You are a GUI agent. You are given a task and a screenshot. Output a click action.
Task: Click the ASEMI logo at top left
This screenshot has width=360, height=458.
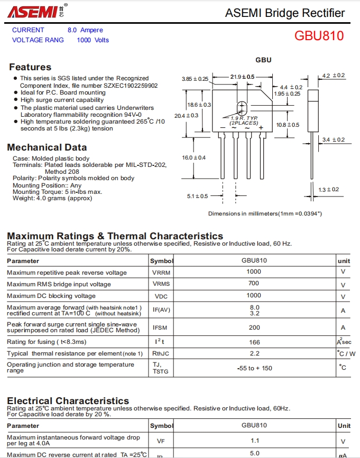[32, 12]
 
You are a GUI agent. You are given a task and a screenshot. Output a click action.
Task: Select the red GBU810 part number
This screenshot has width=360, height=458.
[319, 36]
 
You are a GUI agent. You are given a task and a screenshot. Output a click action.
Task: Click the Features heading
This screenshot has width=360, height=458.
[30, 67]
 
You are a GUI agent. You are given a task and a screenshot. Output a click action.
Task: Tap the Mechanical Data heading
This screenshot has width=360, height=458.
[47, 147]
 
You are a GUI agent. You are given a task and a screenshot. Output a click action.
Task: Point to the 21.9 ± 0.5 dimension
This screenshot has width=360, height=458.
[242, 77]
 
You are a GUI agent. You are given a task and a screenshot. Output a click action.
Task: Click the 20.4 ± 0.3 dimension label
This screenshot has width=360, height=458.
[186, 115]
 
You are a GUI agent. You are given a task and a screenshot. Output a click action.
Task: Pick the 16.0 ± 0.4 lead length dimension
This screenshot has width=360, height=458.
[193, 157]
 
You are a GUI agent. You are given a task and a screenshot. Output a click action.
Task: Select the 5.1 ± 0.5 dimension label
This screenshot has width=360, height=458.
[197, 196]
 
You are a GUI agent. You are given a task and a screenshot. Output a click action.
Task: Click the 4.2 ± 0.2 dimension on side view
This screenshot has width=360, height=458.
[334, 76]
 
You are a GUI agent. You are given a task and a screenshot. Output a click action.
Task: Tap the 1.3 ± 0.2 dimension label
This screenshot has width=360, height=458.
[329, 189]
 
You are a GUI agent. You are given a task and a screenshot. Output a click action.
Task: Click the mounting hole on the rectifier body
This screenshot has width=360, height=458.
[242, 106]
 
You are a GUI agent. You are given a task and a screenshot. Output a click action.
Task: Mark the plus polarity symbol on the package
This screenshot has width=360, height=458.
[261, 128]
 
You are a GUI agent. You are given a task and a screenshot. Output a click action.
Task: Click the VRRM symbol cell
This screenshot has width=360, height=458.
[161, 273]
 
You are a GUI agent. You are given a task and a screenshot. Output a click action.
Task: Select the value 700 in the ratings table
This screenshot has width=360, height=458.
[254, 284]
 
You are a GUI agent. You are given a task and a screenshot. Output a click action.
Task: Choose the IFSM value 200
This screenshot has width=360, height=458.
[254, 328]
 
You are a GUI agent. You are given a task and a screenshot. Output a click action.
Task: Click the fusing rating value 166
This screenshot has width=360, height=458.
[254, 342]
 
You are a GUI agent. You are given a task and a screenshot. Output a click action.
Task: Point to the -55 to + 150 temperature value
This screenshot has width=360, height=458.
[254, 368]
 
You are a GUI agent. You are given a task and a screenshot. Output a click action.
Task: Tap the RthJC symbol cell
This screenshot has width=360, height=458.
[161, 354]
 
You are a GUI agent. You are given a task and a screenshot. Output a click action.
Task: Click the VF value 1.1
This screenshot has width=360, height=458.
[254, 441]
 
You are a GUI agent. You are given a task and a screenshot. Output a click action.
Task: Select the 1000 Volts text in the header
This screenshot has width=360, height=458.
[93, 40]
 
